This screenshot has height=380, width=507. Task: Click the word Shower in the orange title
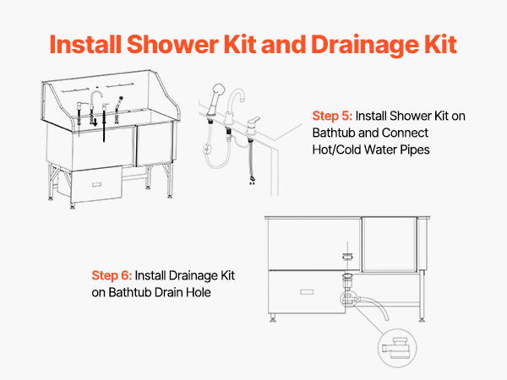coord(172,44)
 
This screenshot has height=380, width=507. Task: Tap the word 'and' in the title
coord(283,44)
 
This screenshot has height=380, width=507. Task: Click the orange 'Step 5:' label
coord(332,116)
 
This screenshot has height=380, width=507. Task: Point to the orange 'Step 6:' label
coord(112,275)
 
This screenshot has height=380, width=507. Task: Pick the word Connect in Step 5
coord(405,133)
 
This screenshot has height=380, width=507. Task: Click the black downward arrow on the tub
coord(95,122)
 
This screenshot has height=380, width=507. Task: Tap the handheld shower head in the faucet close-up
coord(215,99)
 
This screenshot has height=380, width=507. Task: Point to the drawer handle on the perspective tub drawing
coord(96,184)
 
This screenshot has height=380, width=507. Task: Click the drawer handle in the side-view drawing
coord(307,292)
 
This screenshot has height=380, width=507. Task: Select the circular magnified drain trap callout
coord(397,348)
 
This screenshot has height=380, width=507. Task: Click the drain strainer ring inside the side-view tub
coord(347,257)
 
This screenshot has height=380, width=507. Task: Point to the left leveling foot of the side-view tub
coord(273,318)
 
